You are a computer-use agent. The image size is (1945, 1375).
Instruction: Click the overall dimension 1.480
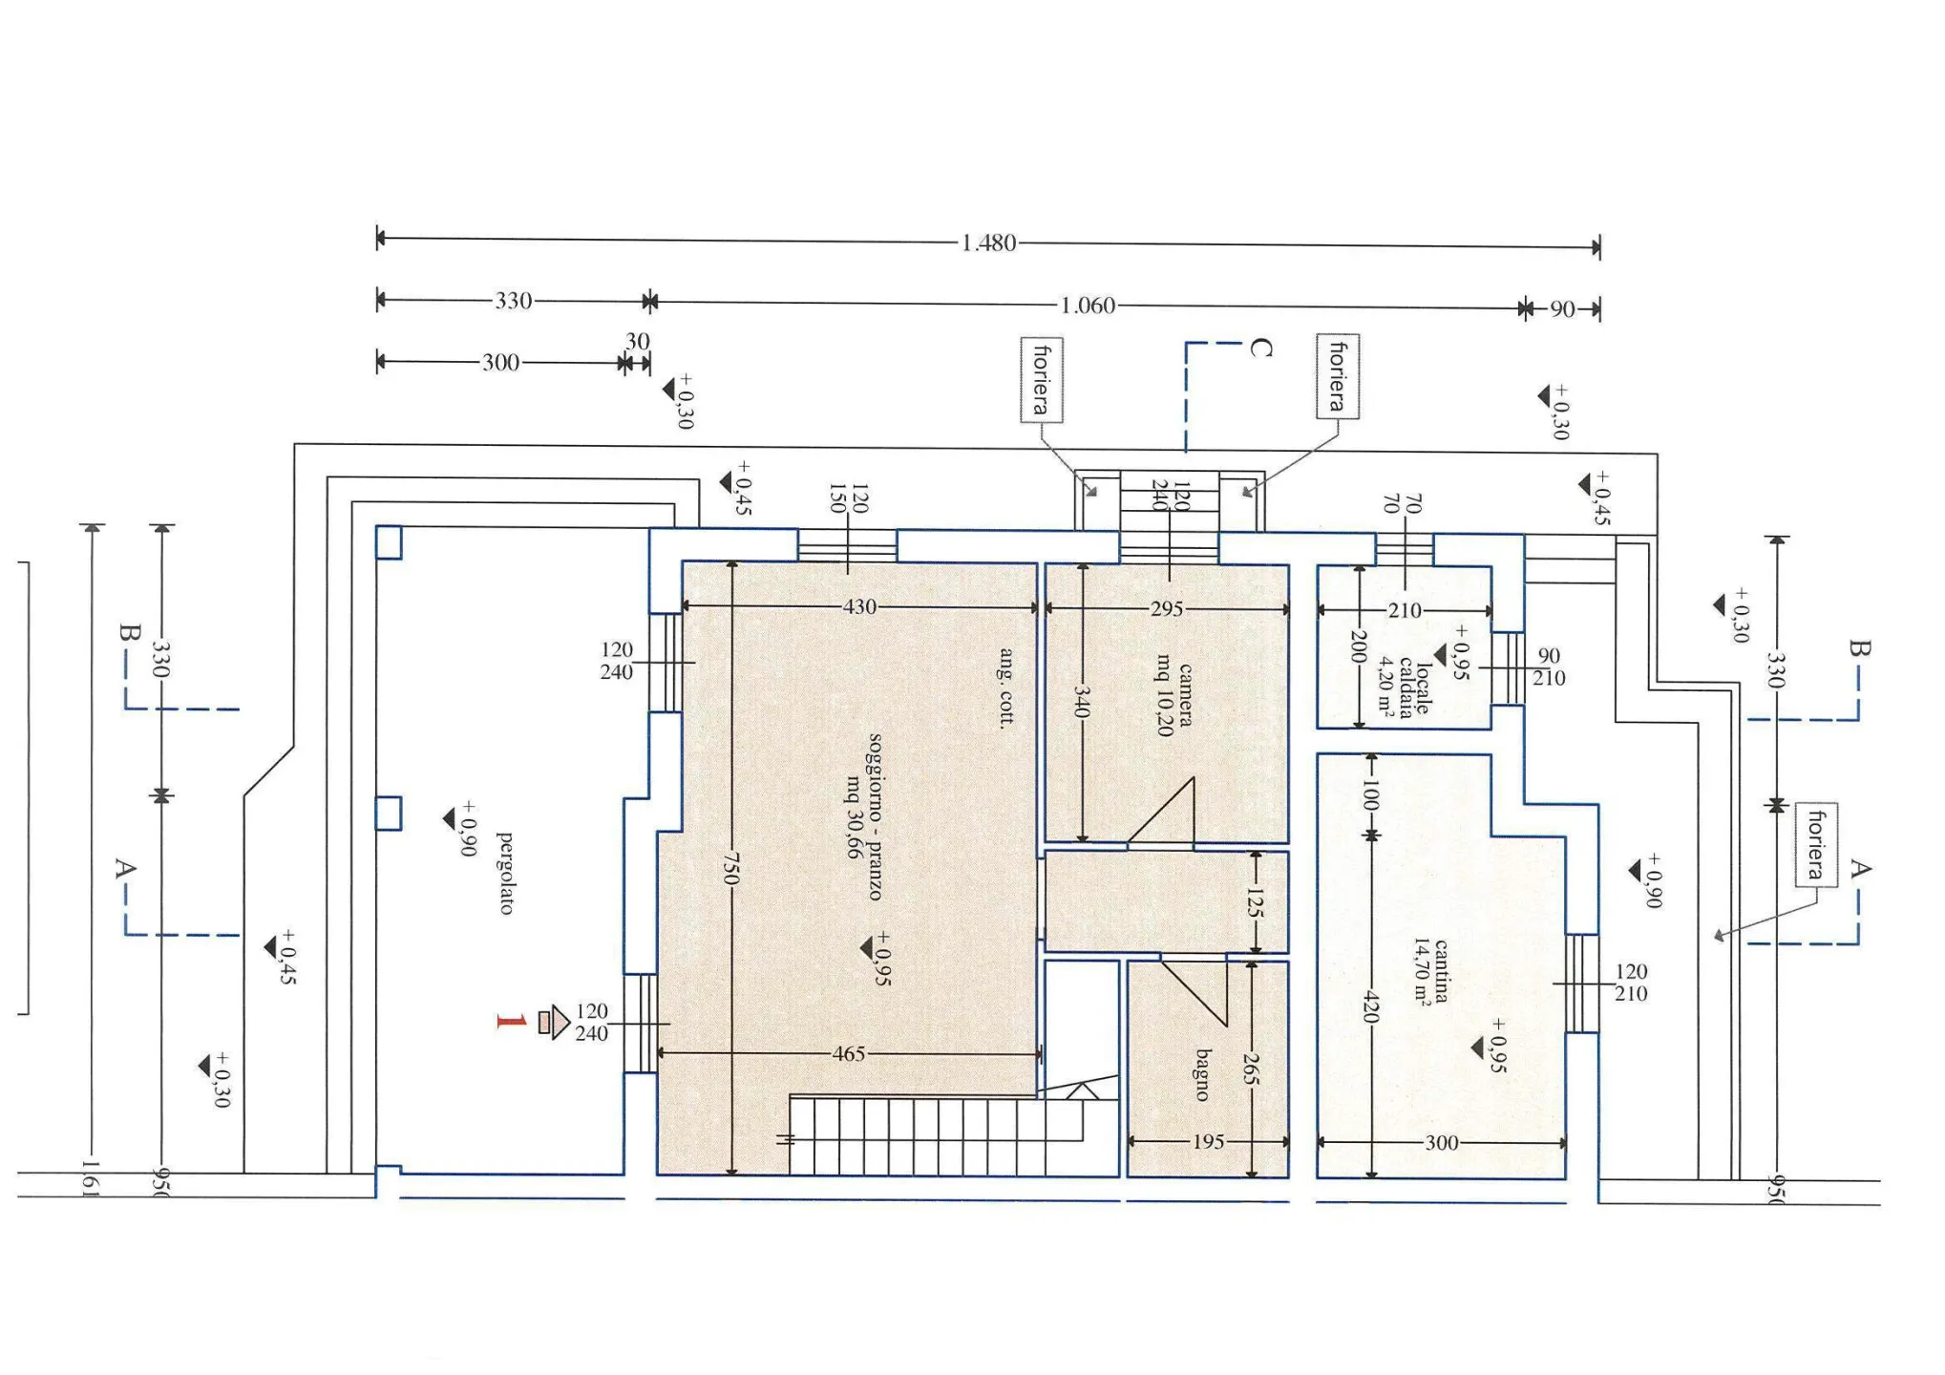coord(988,243)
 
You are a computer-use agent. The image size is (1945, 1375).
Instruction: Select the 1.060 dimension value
coord(1088,306)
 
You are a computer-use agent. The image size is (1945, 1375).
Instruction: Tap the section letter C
coord(1260,349)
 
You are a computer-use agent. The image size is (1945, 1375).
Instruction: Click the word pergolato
coord(506,873)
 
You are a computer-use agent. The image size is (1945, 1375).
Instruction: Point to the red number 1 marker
coord(512,1022)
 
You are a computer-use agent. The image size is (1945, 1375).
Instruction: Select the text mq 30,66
coord(853,816)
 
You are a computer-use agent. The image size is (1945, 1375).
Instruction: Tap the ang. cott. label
coord(1005,687)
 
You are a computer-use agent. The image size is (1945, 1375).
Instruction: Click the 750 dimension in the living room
coord(730,868)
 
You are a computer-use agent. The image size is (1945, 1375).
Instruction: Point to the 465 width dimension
coord(848,1054)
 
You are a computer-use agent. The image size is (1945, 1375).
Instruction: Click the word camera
coord(1185,695)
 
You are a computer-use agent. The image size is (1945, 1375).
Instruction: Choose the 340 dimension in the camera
coord(1081,702)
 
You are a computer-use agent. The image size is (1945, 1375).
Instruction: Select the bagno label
coord(1203,1075)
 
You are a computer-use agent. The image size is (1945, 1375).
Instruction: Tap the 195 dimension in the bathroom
coord(1208,1141)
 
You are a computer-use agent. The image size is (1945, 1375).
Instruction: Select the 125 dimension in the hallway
coord(1255,901)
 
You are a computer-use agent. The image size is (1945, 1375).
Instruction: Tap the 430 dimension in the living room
coord(859,606)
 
